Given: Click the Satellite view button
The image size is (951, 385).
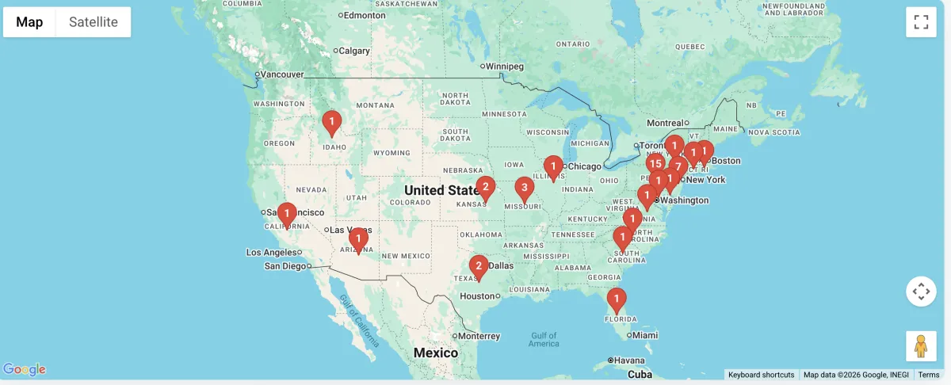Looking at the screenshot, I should (x=93, y=22).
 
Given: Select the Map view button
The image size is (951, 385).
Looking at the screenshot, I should (x=29, y=22).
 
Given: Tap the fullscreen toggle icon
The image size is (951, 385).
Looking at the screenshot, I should (x=921, y=22).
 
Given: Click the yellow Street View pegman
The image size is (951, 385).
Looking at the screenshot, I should (x=921, y=346).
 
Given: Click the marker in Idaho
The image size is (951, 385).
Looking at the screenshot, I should (x=331, y=123).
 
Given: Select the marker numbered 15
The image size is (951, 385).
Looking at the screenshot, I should (x=655, y=164).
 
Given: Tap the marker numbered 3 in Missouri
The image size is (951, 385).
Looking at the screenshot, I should (x=524, y=189).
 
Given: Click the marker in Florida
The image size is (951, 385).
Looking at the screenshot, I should (x=617, y=299).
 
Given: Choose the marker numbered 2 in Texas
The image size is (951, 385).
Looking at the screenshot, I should (x=478, y=266).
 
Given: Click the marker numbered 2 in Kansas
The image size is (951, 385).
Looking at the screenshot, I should (x=485, y=188).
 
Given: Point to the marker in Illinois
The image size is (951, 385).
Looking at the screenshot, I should (x=553, y=166).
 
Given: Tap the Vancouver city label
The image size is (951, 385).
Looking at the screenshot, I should (x=282, y=74).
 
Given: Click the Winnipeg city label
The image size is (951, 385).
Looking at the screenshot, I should (x=505, y=66).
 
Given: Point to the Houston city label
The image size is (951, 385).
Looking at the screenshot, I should (x=477, y=296).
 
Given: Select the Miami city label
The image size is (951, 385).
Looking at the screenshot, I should (x=645, y=335).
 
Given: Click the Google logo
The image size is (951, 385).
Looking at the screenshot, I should (x=25, y=370).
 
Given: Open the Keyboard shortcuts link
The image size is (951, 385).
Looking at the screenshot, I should (x=761, y=375).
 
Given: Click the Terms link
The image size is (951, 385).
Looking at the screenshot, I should (x=928, y=375).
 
